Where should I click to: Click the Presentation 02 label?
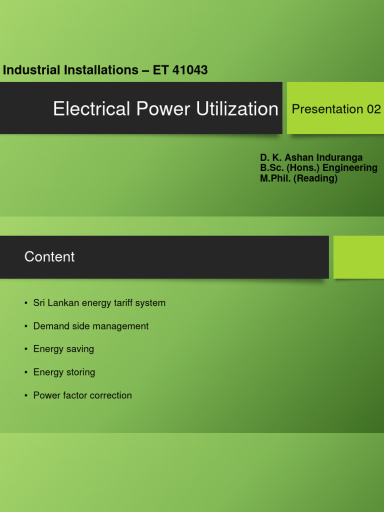[x=336, y=109]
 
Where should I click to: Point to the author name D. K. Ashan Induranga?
[x=311, y=157]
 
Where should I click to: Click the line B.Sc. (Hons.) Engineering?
[x=318, y=168]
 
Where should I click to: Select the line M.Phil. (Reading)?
[x=298, y=178]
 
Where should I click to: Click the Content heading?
[x=49, y=256]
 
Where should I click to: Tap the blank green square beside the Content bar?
[x=358, y=257]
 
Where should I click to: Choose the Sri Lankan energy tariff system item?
[x=99, y=303]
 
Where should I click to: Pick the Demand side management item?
[x=90, y=326]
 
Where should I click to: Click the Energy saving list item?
[x=63, y=349]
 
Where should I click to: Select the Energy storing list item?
[x=64, y=372]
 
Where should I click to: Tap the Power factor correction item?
[x=82, y=395]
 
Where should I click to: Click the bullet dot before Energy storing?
[x=25, y=372]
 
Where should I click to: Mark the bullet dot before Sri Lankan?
[x=25, y=303]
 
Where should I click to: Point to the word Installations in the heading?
[x=102, y=70]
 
